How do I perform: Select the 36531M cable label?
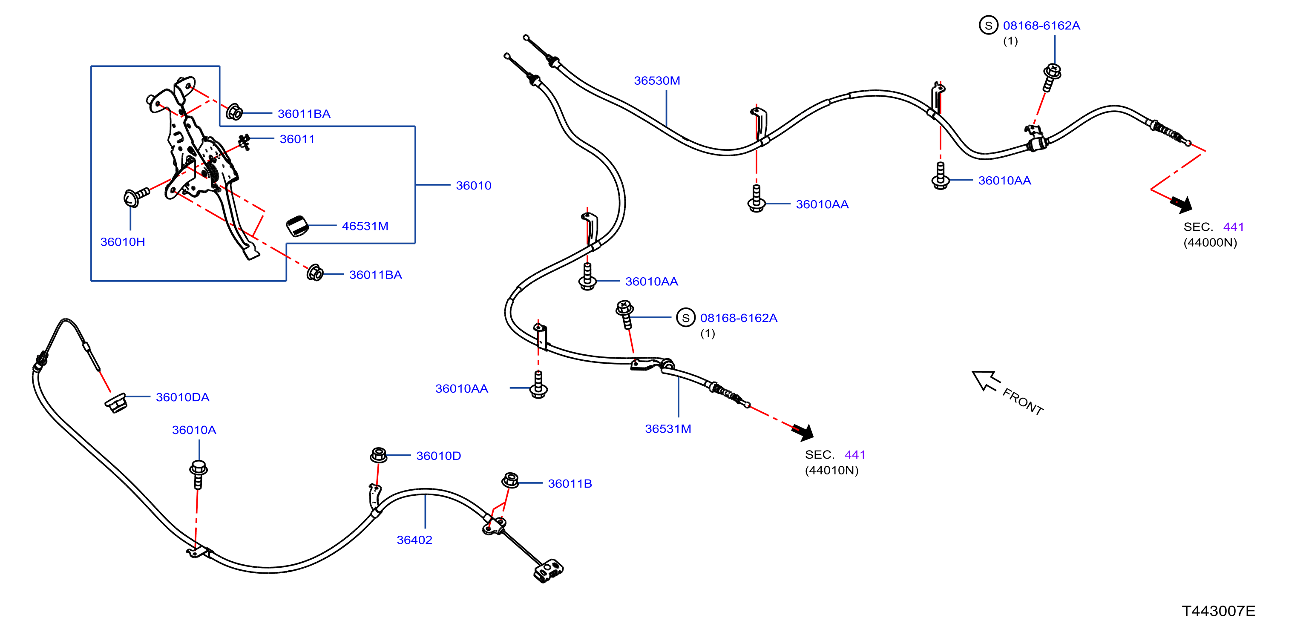click(x=668, y=429)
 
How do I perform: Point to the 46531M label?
click(x=365, y=226)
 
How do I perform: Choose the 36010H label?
click(x=123, y=242)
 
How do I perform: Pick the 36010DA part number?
click(x=182, y=397)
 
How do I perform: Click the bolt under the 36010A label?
click(x=198, y=474)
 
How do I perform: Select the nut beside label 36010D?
click(x=379, y=455)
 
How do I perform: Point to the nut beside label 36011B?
click(x=510, y=480)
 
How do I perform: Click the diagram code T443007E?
click(x=1218, y=611)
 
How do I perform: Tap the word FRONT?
click(x=1023, y=402)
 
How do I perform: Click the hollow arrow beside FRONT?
click(x=985, y=381)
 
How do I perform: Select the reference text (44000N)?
click(x=1210, y=243)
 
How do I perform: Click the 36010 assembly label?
click(x=474, y=186)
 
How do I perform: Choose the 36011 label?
click(x=297, y=139)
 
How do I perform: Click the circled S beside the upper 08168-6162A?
click(x=988, y=26)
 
